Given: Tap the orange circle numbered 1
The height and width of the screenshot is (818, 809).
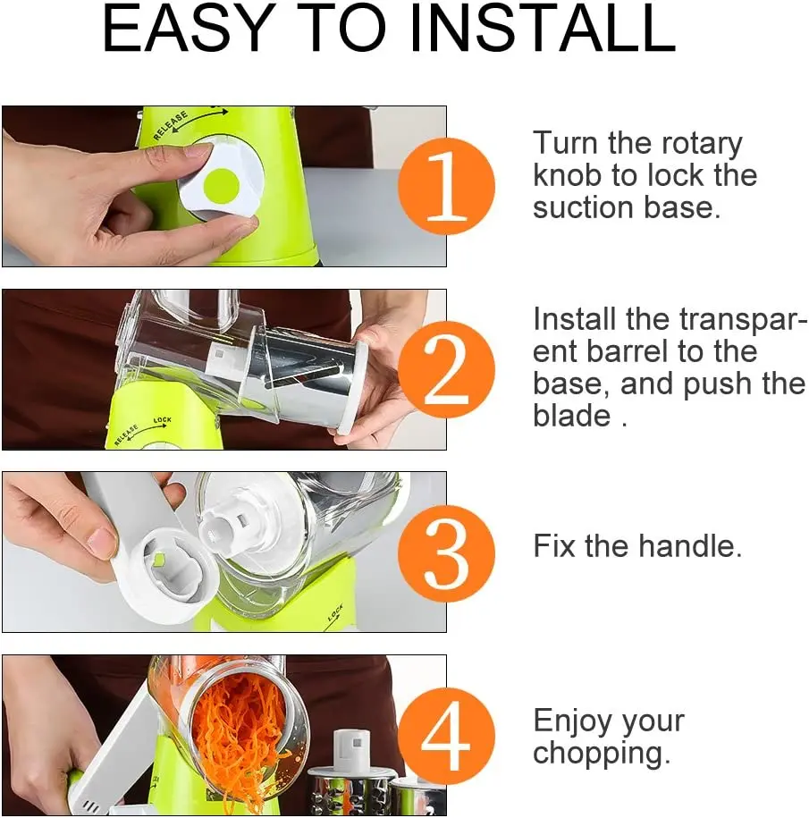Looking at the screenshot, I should point(446,187).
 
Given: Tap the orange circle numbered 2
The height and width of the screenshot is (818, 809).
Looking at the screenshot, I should point(446,369).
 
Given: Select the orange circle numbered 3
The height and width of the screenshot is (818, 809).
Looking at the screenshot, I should point(446,552).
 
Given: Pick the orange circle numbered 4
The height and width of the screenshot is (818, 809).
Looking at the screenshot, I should point(446,736).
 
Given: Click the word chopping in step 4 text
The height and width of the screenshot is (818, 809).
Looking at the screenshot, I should point(601,753).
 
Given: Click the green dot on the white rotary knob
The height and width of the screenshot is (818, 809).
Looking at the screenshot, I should point(220,185).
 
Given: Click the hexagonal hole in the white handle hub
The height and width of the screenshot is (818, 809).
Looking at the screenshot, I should point(158,561).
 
